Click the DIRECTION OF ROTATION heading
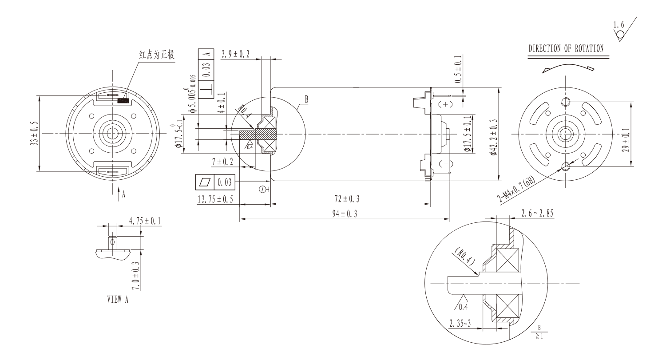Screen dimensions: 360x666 click(x=566, y=49)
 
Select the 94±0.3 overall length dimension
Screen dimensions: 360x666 click(x=345, y=214)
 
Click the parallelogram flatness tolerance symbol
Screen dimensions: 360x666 click(x=205, y=182)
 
